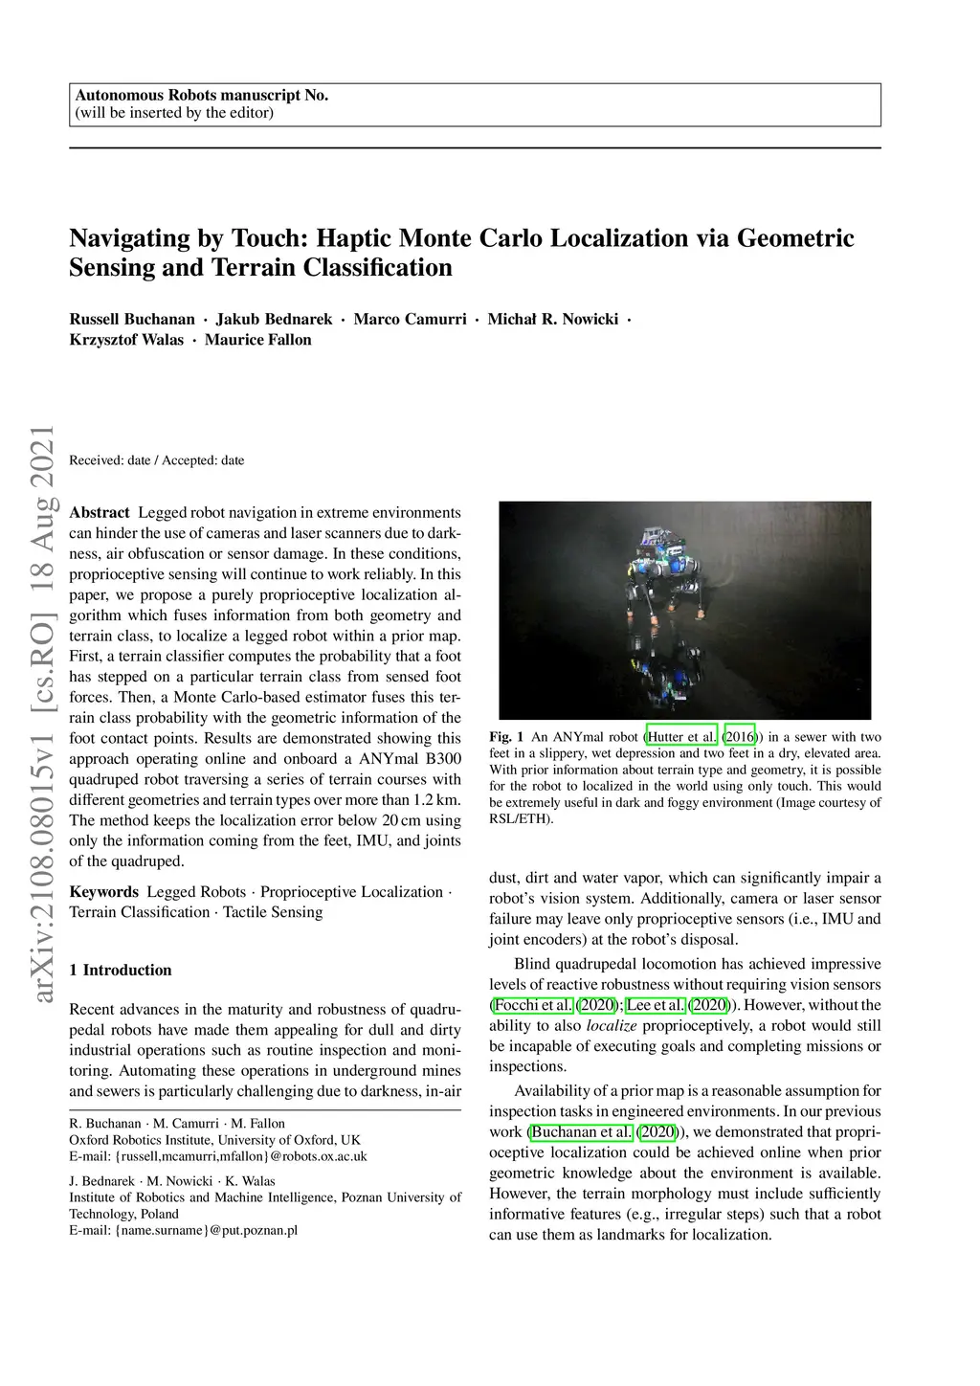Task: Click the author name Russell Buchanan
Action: (x=132, y=319)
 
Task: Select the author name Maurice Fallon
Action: (x=257, y=340)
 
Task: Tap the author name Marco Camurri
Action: (x=410, y=319)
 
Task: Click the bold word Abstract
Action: (x=99, y=513)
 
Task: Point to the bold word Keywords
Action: (x=103, y=892)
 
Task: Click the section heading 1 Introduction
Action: (x=121, y=971)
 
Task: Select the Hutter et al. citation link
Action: (x=682, y=737)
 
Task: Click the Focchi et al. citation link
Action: (x=532, y=1005)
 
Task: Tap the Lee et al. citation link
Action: (x=656, y=1005)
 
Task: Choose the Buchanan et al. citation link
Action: (x=582, y=1132)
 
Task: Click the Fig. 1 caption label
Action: (x=506, y=737)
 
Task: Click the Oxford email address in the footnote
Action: (x=218, y=1156)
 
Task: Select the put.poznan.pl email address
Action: (x=183, y=1230)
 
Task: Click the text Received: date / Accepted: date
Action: (x=157, y=460)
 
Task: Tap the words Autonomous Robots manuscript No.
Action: (x=201, y=95)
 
